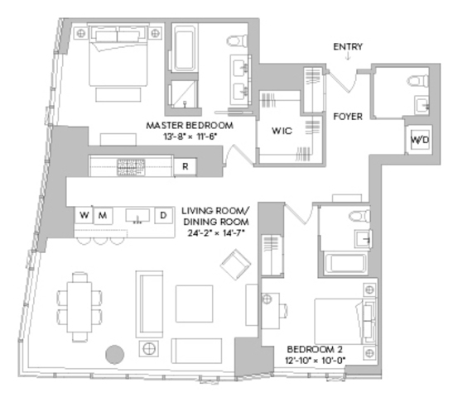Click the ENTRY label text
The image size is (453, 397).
click(347, 46)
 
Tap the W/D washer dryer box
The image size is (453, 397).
click(420, 141)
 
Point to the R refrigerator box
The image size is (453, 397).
click(186, 166)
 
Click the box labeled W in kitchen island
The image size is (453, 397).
click(84, 215)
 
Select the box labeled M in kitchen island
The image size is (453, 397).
click(103, 215)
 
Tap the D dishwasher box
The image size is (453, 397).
click(163, 215)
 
